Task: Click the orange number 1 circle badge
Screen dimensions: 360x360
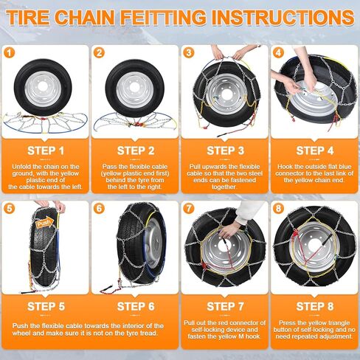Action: (x=10, y=52)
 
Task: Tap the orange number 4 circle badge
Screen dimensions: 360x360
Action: (x=278, y=52)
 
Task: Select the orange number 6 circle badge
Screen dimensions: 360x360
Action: (x=99, y=209)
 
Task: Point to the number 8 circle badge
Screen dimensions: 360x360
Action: (x=278, y=209)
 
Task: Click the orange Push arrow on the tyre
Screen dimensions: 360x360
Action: (x=45, y=223)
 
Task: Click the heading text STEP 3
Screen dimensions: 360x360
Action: (x=225, y=150)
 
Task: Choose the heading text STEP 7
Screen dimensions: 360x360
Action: (x=225, y=307)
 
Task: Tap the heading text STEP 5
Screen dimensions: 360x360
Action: (x=46, y=307)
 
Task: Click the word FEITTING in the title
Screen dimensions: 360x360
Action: (x=164, y=18)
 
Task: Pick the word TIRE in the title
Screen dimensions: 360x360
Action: (x=27, y=18)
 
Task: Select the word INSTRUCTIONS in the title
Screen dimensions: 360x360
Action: (x=283, y=18)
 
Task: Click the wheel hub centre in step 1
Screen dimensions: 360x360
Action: (x=44, y=86)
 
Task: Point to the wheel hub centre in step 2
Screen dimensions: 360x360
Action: (x=134, y=86)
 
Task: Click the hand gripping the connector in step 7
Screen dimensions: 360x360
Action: (x=229, y=229)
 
